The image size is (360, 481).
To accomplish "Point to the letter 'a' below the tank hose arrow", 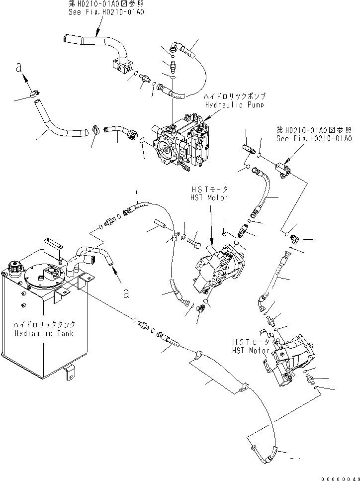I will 126,293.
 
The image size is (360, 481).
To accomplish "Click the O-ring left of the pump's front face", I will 142,141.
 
